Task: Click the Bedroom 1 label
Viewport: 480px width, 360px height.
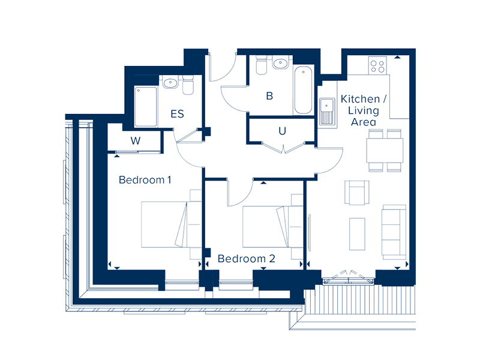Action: coord(145,179)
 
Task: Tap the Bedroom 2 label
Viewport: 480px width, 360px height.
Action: coord(247,259)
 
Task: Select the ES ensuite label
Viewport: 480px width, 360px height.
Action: coord(177,114)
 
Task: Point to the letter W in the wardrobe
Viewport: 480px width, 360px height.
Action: coord(136,141)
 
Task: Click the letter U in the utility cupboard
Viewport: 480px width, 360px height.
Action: coord(282,131)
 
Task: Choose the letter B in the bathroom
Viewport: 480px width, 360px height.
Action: coord(269,96)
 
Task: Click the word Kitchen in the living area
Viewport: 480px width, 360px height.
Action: coord(361,99)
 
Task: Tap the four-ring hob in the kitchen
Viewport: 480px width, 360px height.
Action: coord(377,65)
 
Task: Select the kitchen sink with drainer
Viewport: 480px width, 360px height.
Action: coord(327,112)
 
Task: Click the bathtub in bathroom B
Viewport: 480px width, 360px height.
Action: coord(303,90)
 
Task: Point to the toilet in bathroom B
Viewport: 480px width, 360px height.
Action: coord(261,65)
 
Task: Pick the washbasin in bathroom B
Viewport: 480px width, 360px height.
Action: coord(280,63)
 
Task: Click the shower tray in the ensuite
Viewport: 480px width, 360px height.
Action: coord(146,107)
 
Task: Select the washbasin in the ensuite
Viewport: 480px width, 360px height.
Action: coord(170,83)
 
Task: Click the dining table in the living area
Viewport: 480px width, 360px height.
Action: coord(385,151)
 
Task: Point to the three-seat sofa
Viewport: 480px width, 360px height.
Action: coord(394,232)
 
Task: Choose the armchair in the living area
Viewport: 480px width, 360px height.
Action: coord(357,193)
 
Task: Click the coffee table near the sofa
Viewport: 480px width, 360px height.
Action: coord(357,234)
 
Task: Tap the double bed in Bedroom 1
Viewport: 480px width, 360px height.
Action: coord(171,224)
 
